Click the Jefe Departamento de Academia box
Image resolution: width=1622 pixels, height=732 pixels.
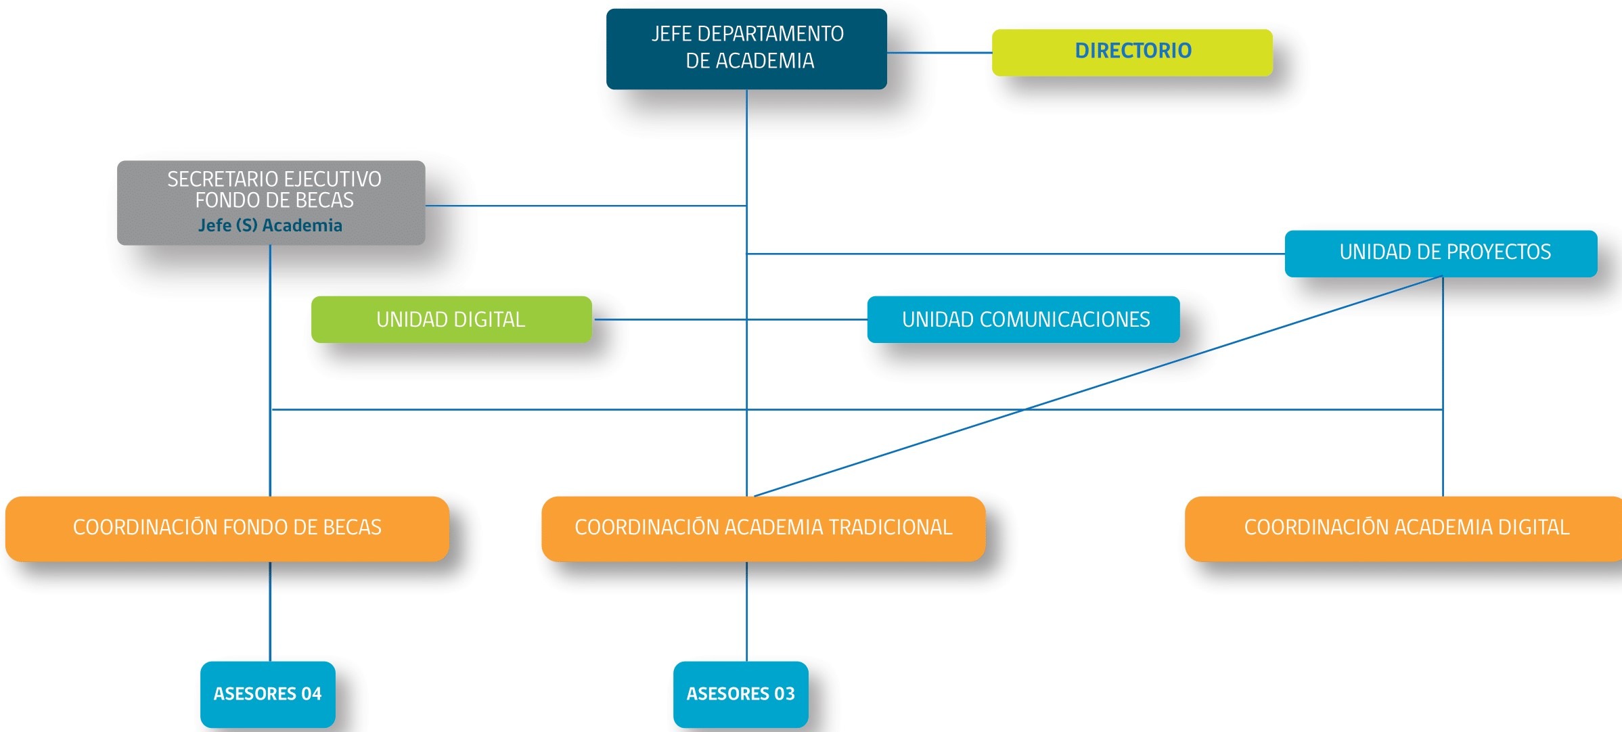click(x=746, y=49)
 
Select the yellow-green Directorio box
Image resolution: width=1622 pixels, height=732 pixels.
click(x=1132, y=52)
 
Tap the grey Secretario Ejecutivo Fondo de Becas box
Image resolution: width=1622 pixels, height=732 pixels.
click(x=271, y=202)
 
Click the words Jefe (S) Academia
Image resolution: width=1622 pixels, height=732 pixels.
click(x=270, y=225)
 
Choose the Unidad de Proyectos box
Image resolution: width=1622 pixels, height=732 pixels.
click(x=1441, y=254)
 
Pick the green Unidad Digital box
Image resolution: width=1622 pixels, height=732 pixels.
click(x=451, y=319)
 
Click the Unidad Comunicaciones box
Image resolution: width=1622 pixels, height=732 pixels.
click(x=1024, y=319)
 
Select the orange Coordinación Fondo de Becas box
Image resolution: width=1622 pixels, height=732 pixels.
click(x=227, y=529)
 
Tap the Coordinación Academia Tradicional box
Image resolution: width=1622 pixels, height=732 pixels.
click(x=763, y=529)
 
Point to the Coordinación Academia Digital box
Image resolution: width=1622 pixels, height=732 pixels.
click(x=1404, y=529)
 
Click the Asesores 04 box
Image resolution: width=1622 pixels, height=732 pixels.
click(x=268, y=695)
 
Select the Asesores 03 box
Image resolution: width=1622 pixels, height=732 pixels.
click(x=741, y=695)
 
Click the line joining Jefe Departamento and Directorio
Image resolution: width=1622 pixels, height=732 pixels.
click(x=940, y=53)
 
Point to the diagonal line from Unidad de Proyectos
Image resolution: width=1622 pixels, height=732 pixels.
click(x=1099, y=386)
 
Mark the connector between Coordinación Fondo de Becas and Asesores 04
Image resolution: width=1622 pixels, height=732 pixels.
click(x=270, y=612)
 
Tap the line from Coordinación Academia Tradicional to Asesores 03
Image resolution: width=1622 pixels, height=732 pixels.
click(x=747, y=612)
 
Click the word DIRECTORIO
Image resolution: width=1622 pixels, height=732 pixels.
click(x=1133, y=51)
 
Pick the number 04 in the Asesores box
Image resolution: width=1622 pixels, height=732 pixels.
click(x=311, y=694)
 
